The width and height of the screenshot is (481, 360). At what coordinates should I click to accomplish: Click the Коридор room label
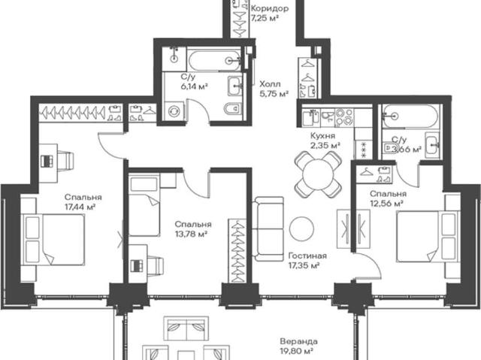click(270, 8)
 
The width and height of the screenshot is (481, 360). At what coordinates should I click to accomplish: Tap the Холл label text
click(270, 84)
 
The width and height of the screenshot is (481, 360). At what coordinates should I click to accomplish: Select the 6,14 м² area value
click(194, 86)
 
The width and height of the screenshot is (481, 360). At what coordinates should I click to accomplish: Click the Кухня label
click(322, 135)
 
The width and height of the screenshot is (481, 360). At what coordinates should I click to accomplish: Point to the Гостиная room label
click(307, 256)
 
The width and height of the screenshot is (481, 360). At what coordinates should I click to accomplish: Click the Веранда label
click(299, 341)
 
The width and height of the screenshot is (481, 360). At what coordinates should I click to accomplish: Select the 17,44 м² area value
click(80, 207)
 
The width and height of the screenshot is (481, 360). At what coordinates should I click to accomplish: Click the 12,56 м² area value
click(386, 204)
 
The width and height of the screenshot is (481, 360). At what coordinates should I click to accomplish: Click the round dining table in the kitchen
click(318, 175)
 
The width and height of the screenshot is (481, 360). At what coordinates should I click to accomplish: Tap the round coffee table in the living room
click(301, 228)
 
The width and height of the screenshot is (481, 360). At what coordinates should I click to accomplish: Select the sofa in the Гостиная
click(268, 228)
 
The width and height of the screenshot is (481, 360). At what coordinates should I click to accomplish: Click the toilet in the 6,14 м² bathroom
click(232, 108)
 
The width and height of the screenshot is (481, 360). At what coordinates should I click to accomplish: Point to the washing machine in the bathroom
click(174, 110)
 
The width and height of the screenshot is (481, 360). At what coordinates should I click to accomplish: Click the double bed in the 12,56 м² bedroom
click(428, 236)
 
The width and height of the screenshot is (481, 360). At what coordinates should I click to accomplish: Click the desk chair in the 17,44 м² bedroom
click(65, 160)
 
